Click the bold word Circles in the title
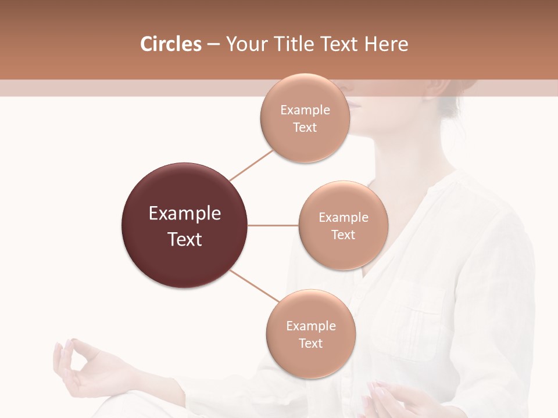tap(170, 44)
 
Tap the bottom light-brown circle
tap(310, 360)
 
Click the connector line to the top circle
tap(251, 165)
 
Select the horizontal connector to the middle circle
tap(273, 225)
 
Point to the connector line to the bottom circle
tap(254, 286)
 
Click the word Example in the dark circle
tap(185, 214)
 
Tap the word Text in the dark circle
tap(185, 239)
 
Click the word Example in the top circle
tap(305, 110)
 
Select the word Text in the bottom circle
tap(310, 343)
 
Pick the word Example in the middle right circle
tap(344, 217)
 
